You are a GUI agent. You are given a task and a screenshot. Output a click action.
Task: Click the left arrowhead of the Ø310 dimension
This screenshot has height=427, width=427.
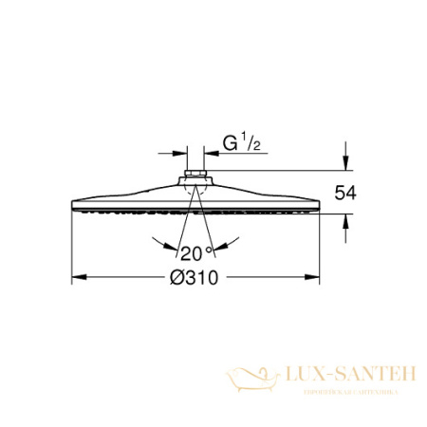[79, 279]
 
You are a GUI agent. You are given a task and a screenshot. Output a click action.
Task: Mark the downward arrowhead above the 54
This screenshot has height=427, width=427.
[346, 164]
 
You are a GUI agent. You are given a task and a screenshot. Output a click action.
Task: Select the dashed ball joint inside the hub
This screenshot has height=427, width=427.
[196, 192]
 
